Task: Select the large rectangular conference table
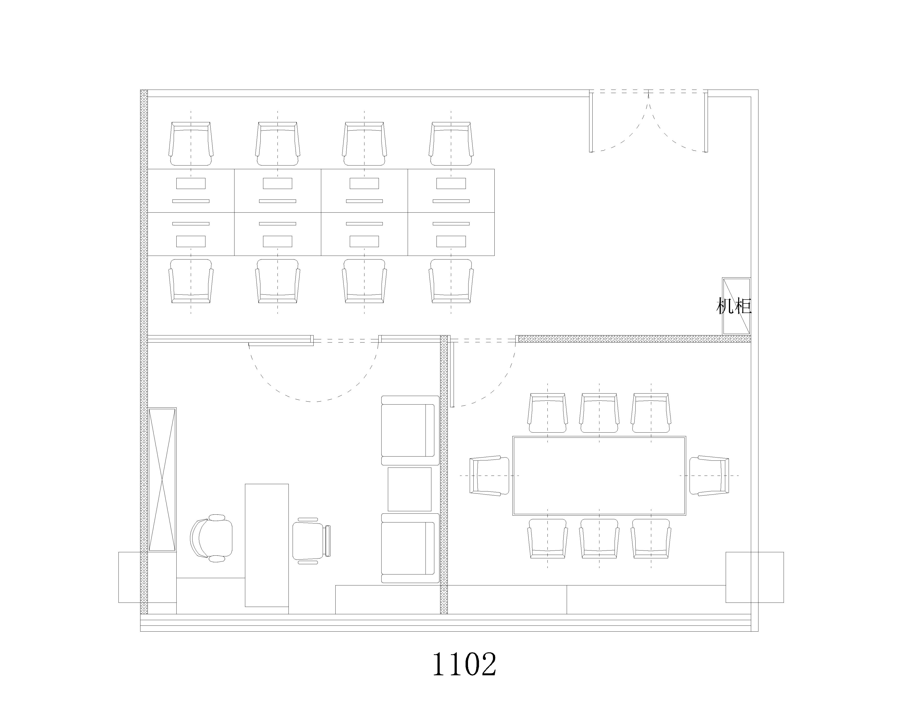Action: click(x=599, y=476)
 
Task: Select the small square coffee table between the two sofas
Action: click(x=409, y=489)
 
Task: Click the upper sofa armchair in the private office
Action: click(x=410, y=430)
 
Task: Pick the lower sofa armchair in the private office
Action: click(x=410, y=548)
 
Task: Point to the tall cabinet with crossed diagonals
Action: click(x=162, y=479)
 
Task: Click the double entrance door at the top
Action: click(x=649, y=121)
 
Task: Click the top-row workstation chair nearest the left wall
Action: click(x=191, y=144)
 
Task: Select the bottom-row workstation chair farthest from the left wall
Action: click(x=451, y=281)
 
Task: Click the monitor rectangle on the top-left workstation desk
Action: click(x=191, y=183)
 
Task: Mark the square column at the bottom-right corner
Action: click(x=755, y=577)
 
